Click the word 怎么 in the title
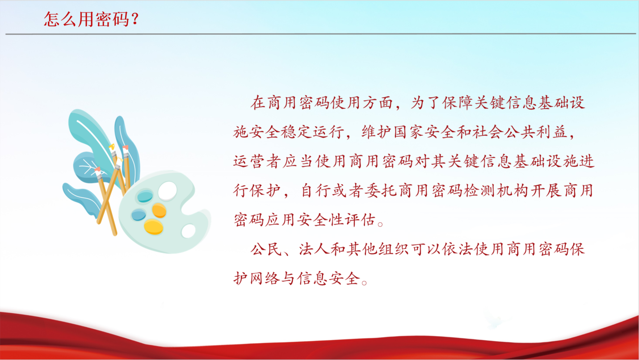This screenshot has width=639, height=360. pyautogui.click(x=60, y=19)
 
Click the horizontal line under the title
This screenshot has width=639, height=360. pyautogui.click(x=321, y=34)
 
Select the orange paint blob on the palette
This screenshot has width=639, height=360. pyautogui.click(x=159, y=210)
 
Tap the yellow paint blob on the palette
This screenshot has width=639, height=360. pyautogui.click(x=153, y=227)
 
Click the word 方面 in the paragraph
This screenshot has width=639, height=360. pyautogui.click(x=378, y=103)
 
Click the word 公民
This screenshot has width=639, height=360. pyautogui.click(x=266, y=249)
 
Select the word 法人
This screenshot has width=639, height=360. pyautogui.click(x=314, y=249)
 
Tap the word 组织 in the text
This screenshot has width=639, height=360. pyautogui.click(x=394, y=249)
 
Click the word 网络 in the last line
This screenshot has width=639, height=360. pyautogui.click(x=265, y=279)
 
